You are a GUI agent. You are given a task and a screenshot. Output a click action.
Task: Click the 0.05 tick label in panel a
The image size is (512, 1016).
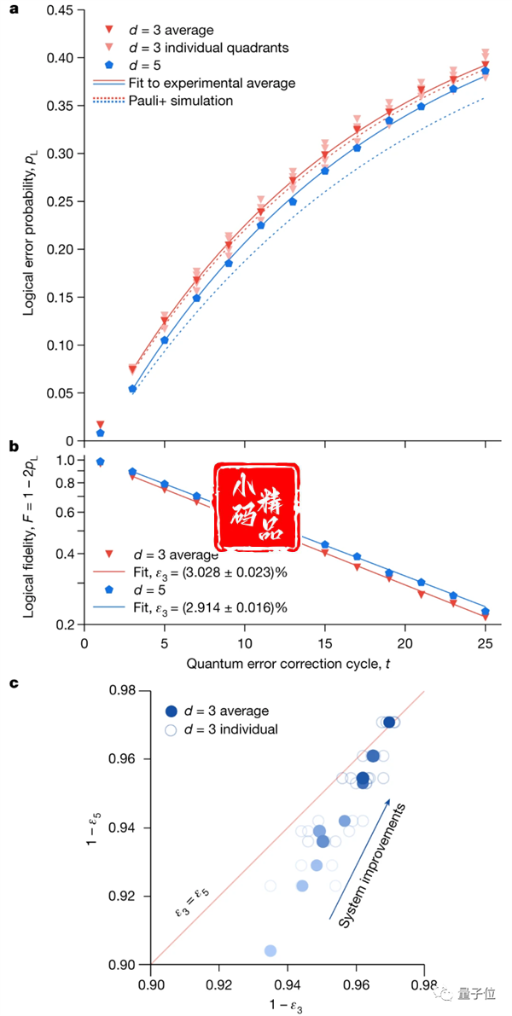click(x=66, y=392)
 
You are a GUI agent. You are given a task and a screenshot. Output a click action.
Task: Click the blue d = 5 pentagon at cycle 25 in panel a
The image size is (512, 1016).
click(x=485, y=71)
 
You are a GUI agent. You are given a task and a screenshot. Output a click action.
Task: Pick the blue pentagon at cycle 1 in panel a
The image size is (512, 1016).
click(x=101, y=433)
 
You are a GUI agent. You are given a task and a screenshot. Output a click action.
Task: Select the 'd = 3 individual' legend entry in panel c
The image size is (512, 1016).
click(x=222, y=729)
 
